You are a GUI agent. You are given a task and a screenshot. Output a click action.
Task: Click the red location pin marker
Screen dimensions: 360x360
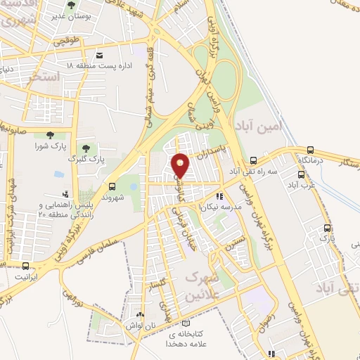click(x=181, y=165)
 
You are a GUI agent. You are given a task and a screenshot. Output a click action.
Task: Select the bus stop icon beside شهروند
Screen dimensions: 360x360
click(x=112, y=186)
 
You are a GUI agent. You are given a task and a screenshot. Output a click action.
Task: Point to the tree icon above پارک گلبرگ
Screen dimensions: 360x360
click(x=86, y=148)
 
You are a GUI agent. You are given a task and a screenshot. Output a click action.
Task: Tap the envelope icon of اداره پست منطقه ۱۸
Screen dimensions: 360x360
click(x=99, y=55)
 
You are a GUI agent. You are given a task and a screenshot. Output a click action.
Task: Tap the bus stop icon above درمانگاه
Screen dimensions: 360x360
click(x=311, y=150)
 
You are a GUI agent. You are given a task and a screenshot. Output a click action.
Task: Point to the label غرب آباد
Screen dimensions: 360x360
click(x=299, y=185)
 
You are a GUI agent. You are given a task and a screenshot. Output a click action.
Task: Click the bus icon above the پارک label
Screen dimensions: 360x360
click(x=327, y=228)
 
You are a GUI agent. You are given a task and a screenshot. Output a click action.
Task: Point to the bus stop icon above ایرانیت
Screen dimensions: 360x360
click(x=26, y=266)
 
